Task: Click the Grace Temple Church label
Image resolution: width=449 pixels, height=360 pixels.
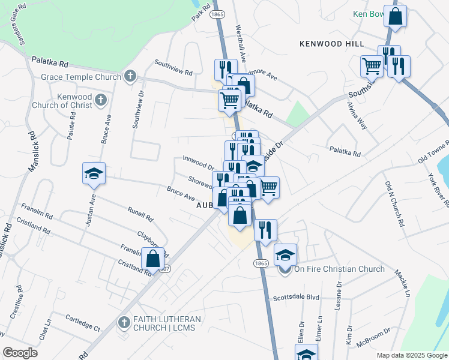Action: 82,77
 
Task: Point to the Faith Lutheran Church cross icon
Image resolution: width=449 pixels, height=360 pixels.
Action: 124,322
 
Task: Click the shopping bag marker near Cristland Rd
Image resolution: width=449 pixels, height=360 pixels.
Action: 153,259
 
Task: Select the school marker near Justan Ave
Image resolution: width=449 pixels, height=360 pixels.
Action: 94,173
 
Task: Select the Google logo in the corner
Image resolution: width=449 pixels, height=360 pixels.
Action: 20,352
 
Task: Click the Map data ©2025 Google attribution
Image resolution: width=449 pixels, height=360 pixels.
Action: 411,355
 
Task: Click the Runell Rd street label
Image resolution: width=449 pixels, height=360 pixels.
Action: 141,214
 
